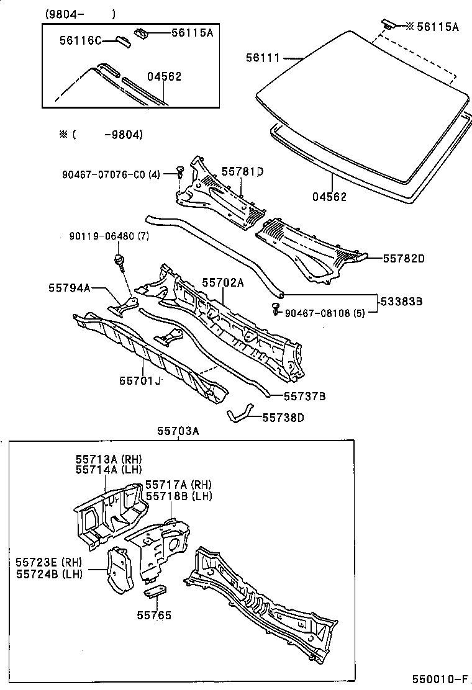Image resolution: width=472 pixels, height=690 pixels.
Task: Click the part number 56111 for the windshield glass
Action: (x=263, y=58)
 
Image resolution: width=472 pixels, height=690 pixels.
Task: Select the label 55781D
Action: (x=242, y=171)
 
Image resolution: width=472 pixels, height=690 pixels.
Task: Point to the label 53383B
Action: (x=401, y=302)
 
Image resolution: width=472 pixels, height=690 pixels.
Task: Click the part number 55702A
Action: (x=222, y=282)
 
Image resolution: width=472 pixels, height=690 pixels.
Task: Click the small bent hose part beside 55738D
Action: (x=239, y=414)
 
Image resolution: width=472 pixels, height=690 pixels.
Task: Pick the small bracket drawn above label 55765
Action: (x=155, y=591)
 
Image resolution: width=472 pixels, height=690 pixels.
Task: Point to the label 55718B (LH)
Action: (x=179, y=496)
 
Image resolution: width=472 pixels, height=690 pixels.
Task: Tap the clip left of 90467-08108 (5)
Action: (x=276, y=308)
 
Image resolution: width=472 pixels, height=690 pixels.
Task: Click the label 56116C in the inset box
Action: (x=80, y=40)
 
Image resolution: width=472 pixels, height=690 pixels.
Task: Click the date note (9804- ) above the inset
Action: (x=79, y=14)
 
